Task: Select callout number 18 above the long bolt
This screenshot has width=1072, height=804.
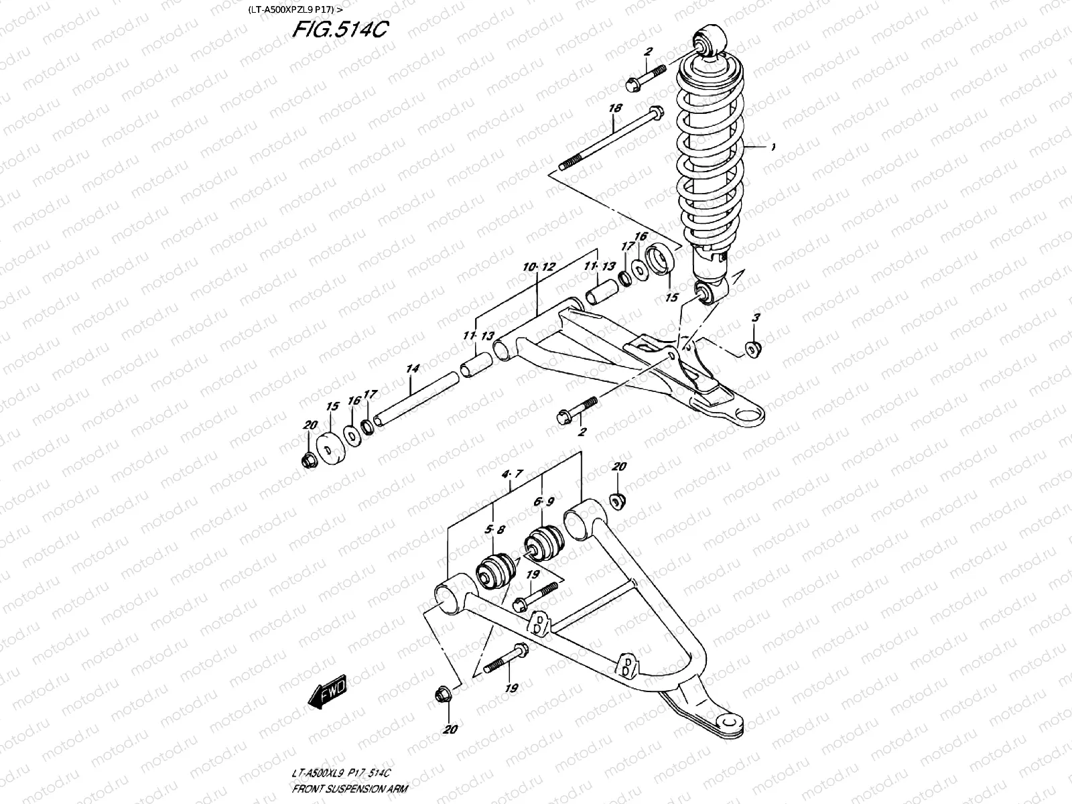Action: [615, 109]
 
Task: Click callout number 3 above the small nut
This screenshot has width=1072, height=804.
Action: [755, 318]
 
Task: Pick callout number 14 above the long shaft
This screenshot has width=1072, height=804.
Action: [413, 368]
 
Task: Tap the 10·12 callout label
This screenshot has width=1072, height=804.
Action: [540, 267]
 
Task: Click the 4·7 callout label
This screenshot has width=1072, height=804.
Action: [511, 475]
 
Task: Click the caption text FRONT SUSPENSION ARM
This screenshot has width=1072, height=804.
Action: [350, 792]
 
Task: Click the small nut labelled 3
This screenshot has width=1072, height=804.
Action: [754, 348]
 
